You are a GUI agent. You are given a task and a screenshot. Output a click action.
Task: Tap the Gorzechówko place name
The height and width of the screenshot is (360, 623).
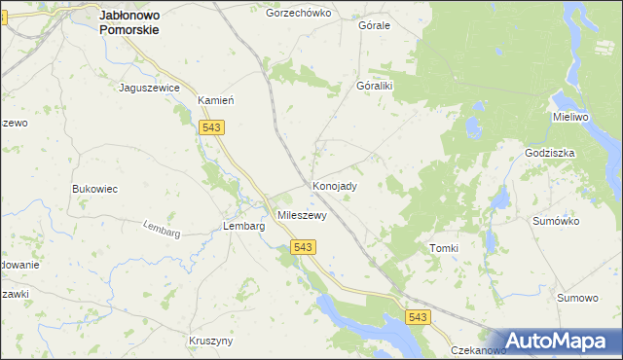[x=299, y=14]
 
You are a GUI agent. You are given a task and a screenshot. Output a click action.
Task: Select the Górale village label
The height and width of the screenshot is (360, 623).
[x=374, y=25]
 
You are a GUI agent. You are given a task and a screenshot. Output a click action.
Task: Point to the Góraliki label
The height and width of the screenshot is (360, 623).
[x=374, y=86]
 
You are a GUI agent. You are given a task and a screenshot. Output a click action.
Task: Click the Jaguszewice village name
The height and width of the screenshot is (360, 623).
[x=149, y=88]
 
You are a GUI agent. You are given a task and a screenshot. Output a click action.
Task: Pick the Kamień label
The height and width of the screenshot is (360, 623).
[x=218, y=100]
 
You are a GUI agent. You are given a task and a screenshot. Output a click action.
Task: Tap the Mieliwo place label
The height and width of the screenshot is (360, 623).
[x=571, y=117]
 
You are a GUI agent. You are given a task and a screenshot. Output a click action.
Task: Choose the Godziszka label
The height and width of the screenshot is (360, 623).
[x=550, y=153]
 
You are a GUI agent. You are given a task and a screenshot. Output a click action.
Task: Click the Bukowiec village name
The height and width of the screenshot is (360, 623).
[x=94, y=189]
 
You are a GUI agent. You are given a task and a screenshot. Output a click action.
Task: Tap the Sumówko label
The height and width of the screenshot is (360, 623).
[x=556, y=221]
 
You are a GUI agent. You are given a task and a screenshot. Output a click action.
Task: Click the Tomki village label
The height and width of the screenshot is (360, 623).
[x=443, y=248]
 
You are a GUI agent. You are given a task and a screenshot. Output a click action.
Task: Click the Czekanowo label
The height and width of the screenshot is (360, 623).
[x=478, y=350]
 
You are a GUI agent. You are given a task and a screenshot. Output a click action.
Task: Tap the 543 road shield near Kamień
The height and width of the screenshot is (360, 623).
[x=210, y=127]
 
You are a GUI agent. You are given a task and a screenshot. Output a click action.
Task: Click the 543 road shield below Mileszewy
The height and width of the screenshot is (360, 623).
[x=302, y=248]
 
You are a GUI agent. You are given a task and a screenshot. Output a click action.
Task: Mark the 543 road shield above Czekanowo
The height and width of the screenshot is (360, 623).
[x=418, y=317]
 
